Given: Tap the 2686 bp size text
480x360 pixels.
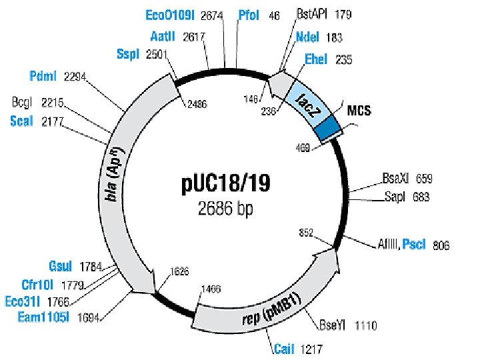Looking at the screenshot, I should pos(225,209).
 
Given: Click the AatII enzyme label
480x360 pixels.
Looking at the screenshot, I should pos(163,37).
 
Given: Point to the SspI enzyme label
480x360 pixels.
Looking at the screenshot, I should pos(127,54).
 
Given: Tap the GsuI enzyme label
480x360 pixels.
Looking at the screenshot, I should pos(62,267).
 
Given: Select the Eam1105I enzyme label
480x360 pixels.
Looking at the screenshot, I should pos(43,317).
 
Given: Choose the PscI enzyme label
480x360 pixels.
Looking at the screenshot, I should pos(413,245).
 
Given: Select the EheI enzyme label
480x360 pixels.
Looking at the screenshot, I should pos(316,59).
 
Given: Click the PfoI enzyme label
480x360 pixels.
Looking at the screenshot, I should pos(249,14).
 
